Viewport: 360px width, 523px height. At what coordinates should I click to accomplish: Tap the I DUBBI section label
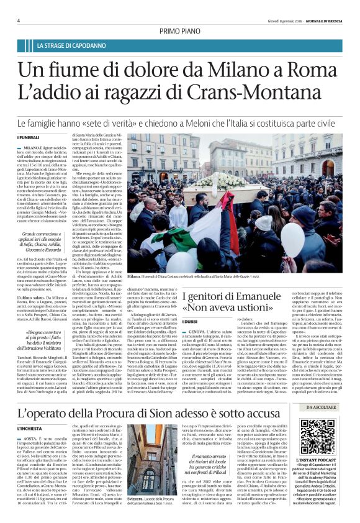189,321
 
